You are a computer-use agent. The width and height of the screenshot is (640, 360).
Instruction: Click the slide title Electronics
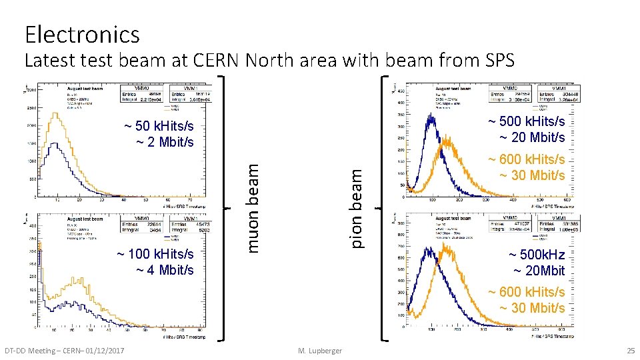[x=82, y=34]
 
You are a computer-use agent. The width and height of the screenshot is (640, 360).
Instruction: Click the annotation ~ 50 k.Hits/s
[x=159, y=126]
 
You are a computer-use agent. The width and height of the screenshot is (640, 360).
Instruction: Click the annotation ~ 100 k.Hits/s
[x=155, y=254]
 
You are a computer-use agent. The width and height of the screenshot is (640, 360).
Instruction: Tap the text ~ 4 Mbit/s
[x=165, y=270]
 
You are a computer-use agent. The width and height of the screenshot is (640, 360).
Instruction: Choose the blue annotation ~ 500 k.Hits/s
[x=526, y=121]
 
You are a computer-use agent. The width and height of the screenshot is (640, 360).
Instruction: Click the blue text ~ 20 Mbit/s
[x=533, y=137]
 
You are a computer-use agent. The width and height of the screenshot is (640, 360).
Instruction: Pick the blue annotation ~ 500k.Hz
[x=536, y=255]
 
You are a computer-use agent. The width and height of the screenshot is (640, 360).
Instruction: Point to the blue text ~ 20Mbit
[x=539, y=271]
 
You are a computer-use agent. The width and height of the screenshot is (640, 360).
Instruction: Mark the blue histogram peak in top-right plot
[x=431, y=117]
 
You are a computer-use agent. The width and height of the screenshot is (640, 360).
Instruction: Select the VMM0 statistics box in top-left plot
[x=142, y=93]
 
